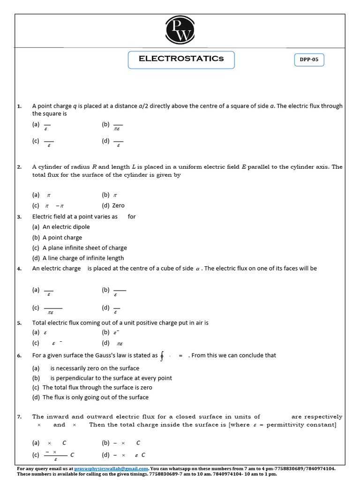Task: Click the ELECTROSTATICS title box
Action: (181, 60)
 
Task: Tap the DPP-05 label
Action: (309, 60)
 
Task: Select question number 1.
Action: (19, 106)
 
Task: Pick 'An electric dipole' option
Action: (66, 227)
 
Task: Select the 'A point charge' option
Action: (62, 238)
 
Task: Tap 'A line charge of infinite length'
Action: (83, 258)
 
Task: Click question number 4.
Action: (19, 269)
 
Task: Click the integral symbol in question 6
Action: (162, 356)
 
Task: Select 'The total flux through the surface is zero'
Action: (97, 388)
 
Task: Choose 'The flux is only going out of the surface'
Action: (95, 397)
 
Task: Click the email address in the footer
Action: (111, 468)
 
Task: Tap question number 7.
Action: (19, 417)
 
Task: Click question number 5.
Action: (19, 323)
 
